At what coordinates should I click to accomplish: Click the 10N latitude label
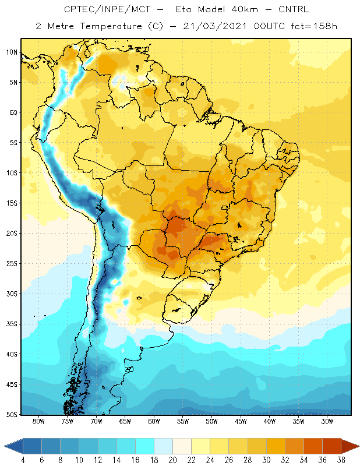[12, 52]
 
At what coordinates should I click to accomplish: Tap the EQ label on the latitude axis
[13, 112]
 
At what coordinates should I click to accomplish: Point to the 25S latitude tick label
[12, 264]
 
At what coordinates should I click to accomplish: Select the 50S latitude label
[12, 415]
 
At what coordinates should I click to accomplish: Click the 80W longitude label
[38, 421]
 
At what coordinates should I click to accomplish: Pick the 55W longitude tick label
[183, 421]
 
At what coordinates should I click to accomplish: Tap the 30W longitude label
[327, 421]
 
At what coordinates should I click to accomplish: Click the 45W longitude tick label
[241, 421]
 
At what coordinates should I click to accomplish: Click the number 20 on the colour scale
[172, 460]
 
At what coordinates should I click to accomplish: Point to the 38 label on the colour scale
[341, 460]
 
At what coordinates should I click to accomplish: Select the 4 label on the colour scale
[23, 460]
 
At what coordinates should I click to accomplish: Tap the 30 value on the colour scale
[266, 460]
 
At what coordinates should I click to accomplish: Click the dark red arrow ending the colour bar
[350, 446]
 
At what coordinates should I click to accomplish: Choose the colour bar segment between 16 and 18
[144, 446]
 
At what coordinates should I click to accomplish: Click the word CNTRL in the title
[294, 9]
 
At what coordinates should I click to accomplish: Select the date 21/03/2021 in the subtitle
[215, 26]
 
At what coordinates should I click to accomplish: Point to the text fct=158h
[314, 26]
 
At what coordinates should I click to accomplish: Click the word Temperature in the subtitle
[111, 26]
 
